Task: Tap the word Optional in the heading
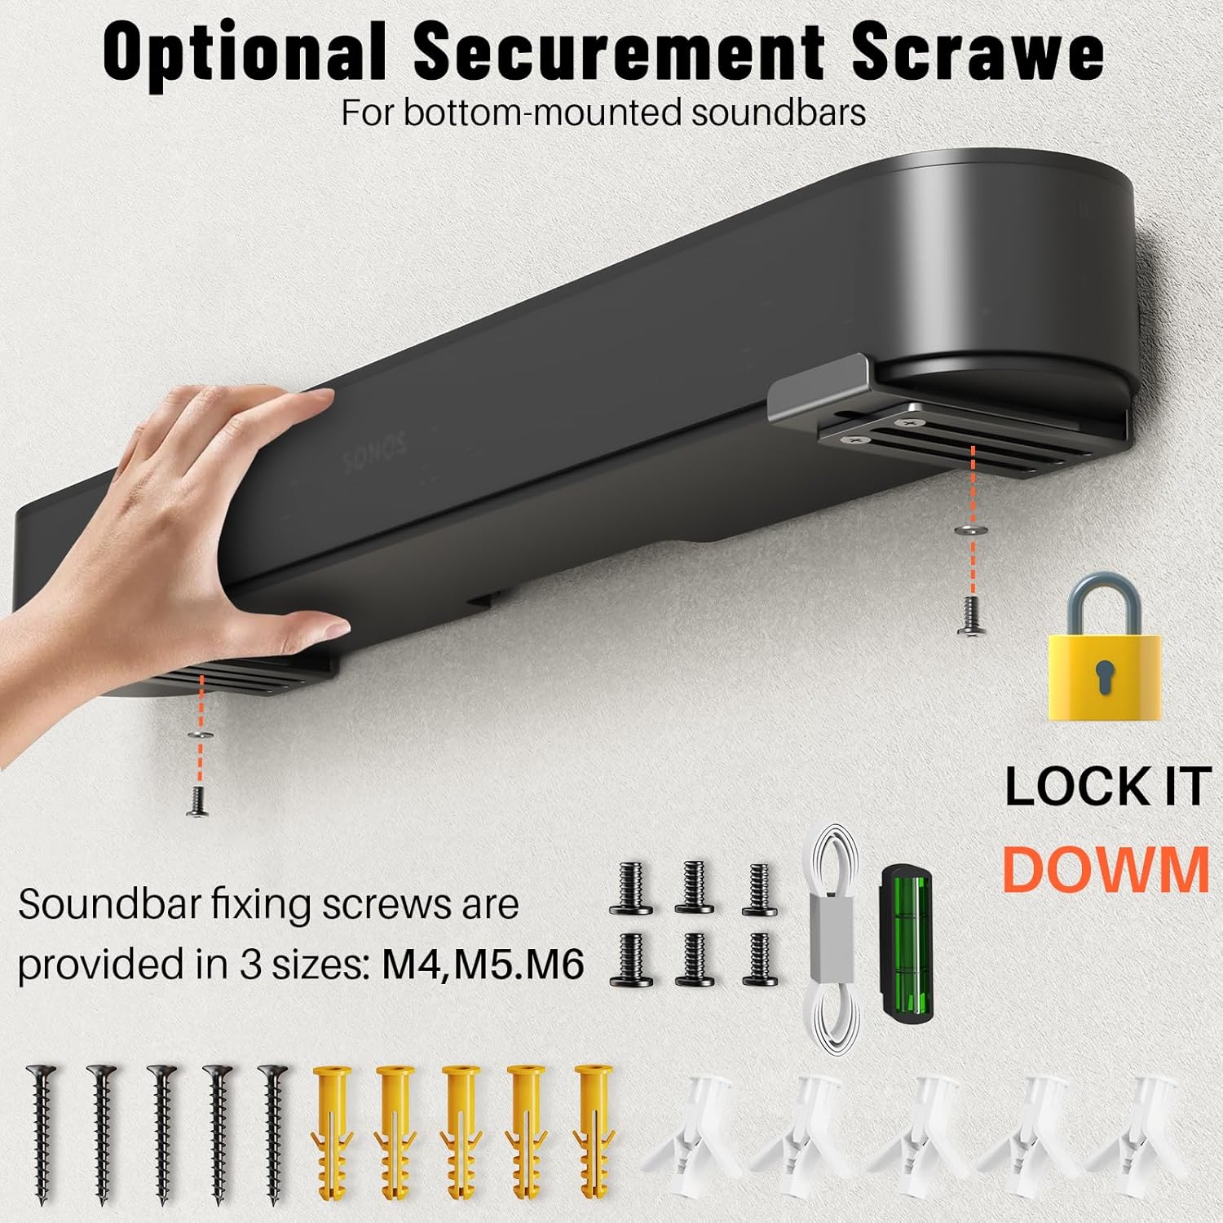(245, 52)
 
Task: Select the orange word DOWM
(1105, 869)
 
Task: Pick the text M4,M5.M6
(483, 965)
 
